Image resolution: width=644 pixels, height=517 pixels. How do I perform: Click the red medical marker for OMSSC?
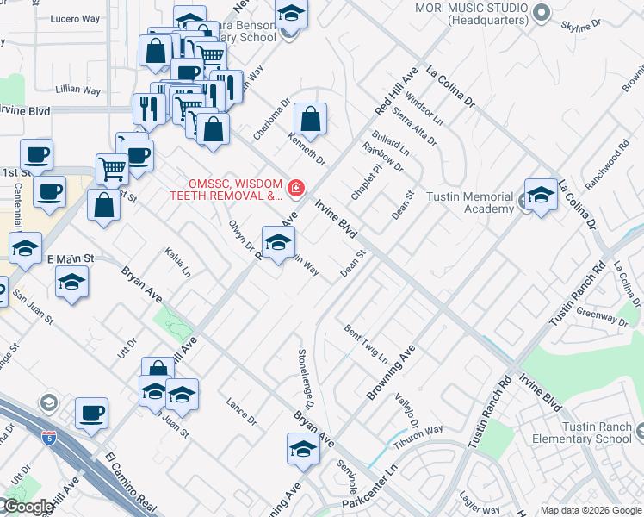(x=295, y=187)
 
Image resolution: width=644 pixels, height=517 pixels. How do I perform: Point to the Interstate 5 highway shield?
(x=50, y=438)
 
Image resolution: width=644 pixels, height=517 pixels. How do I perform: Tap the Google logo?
(x=27, y=507)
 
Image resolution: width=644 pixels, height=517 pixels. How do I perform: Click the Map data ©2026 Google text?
(x=591, y=510)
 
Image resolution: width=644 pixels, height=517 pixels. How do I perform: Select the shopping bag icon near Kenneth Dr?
(x=311, y=121)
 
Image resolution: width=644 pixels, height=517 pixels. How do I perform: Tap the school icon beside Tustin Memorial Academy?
(x=541, y=196)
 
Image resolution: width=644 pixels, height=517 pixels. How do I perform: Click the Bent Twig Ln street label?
(x=367, y=344)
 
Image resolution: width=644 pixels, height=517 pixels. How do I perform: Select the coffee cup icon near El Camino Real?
(x=91, y=414)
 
